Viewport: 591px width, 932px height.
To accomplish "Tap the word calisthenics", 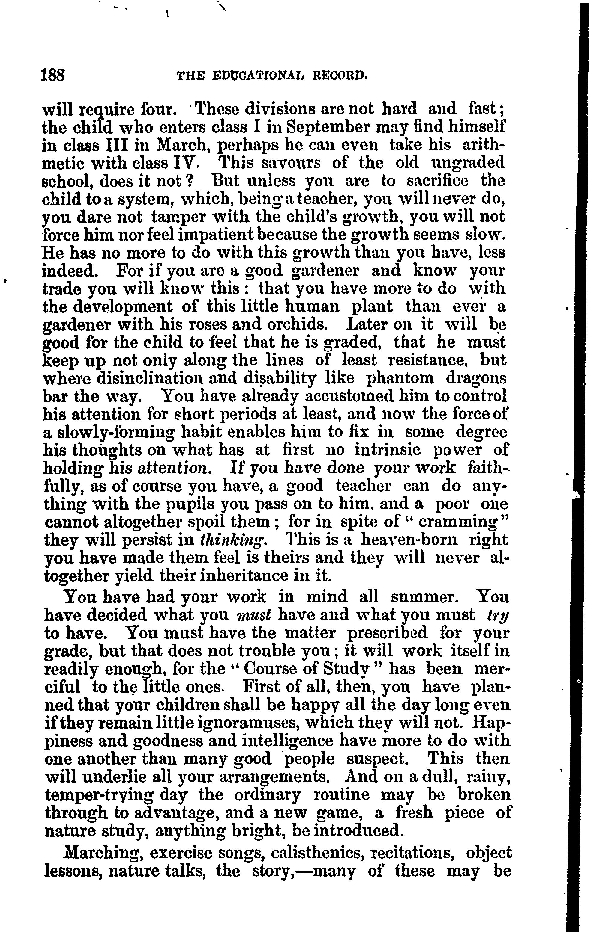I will pyautogui.click(x=315, y=853).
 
